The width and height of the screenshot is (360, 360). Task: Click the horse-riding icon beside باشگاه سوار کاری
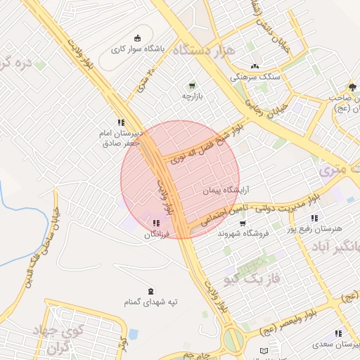click(x=136, y=38)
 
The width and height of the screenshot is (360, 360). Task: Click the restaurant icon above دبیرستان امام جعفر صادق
click(x=121, y=122)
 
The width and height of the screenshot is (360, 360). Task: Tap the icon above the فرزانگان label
click(x=156, y=222)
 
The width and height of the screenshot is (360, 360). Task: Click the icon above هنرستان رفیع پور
click(x=314, y=218)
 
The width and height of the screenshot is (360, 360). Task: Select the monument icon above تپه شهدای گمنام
click(x=150, y=291)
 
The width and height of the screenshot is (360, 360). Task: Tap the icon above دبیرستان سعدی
click(x=338, y=333)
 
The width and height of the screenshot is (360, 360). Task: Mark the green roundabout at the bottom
click(x=233, y=340)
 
